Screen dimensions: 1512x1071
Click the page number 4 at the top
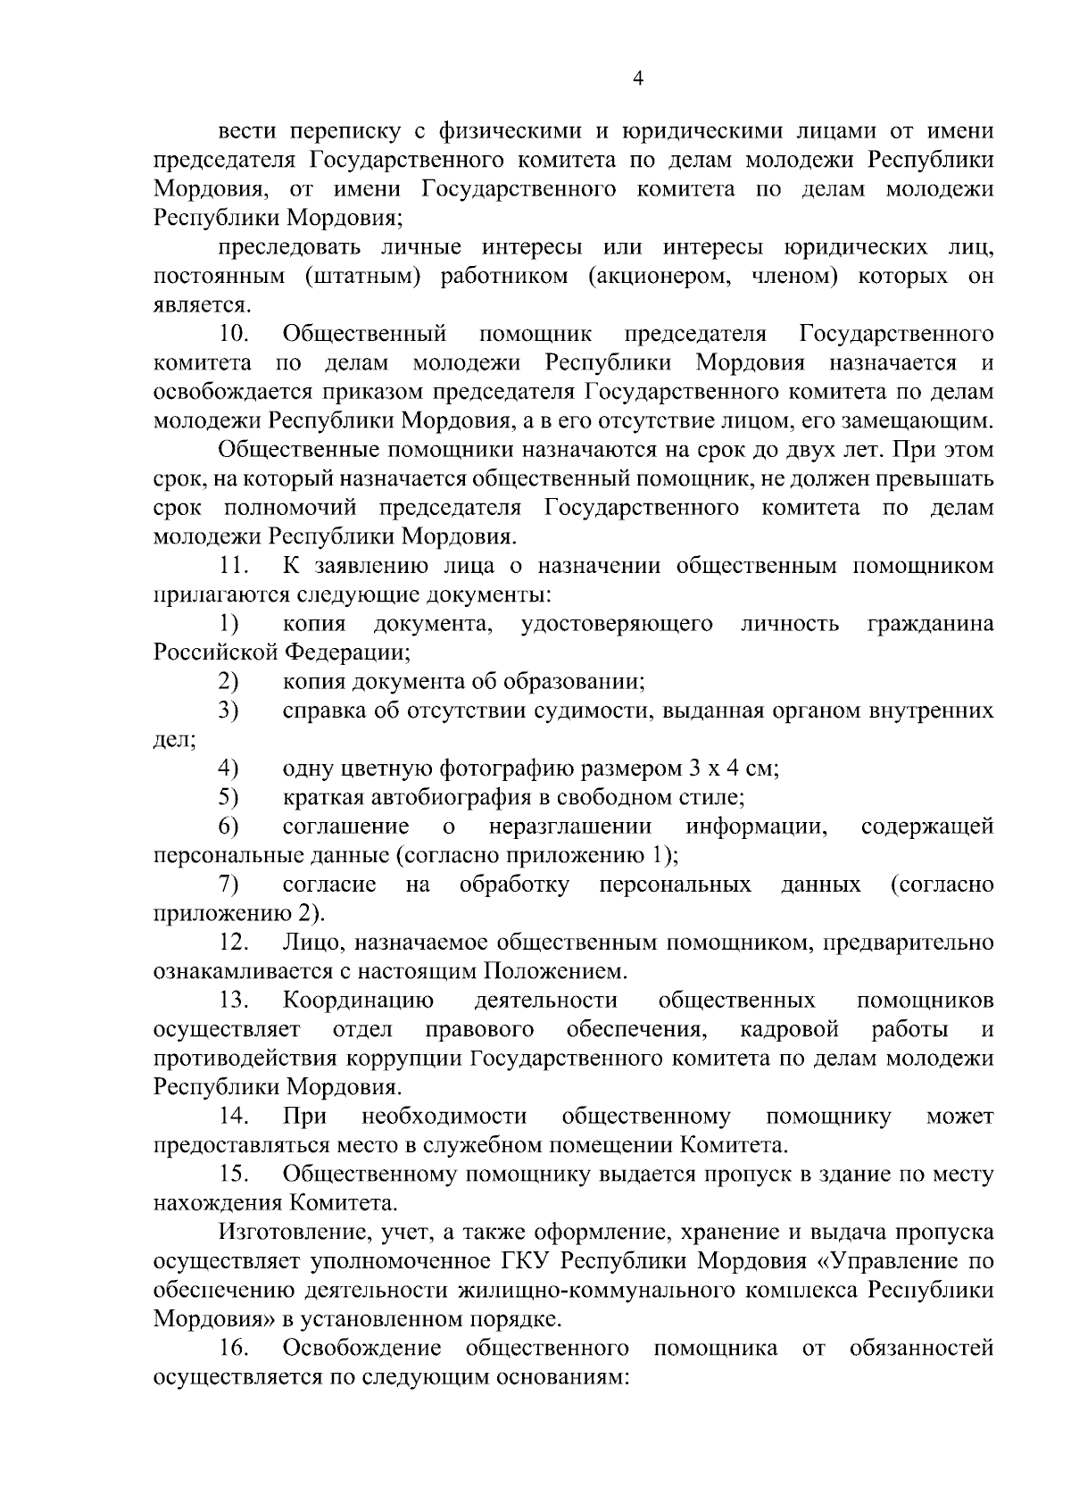coord(637,79)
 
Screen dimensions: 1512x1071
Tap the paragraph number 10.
coord(234,334)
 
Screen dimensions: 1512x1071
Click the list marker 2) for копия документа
coord(228,682)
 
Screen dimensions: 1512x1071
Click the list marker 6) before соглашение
coord(228,827)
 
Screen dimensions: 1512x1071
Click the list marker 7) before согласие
coord(228,885)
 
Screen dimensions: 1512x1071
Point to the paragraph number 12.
coord(234,943)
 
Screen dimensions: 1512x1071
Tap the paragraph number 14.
coord(234,1117)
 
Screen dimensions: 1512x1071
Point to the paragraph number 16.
coord(234,1348)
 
